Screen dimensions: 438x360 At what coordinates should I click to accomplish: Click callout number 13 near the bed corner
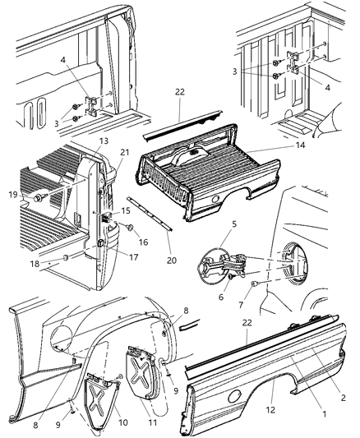[x=104, y=141]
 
